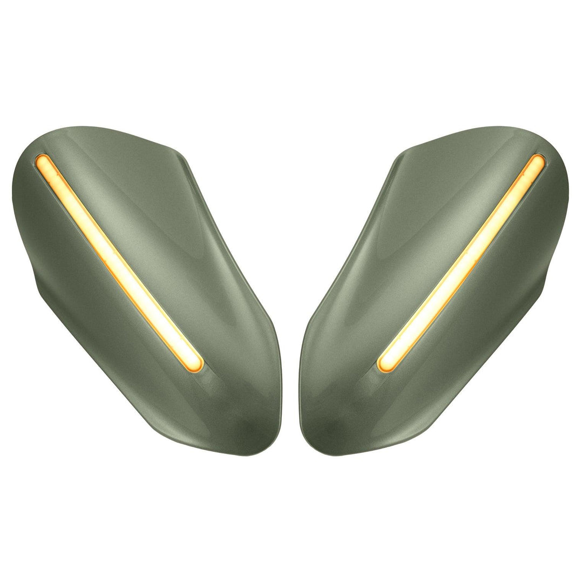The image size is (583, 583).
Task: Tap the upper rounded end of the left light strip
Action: pyautogui.click(x=42, y=160)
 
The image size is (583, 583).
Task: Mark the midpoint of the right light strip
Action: pyautogui.click(x=462, y=262)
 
